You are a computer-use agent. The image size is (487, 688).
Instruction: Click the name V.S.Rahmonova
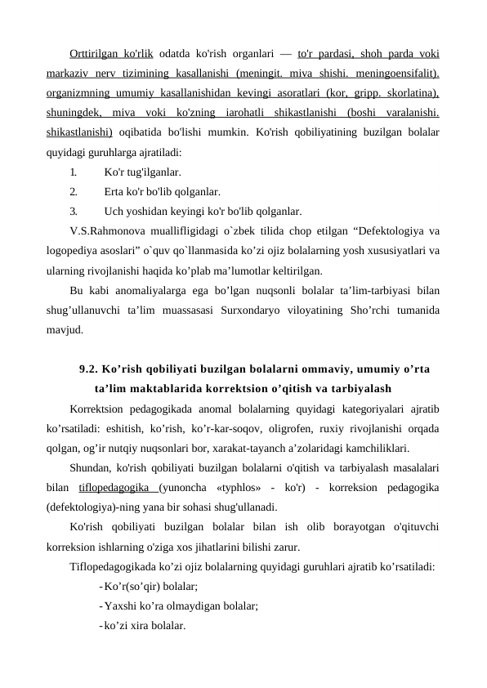[x=105, y=230]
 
